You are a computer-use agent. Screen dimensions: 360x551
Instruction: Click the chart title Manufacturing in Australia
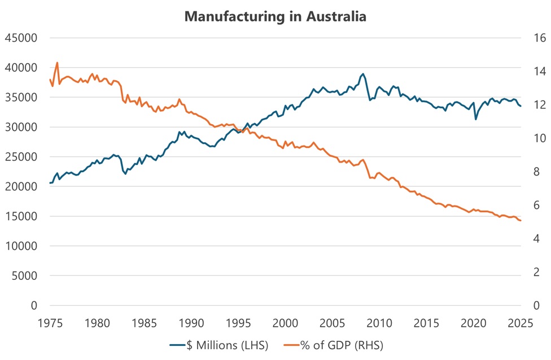(x=275, y=17)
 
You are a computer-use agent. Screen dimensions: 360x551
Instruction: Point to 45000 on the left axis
(x=20, y=38)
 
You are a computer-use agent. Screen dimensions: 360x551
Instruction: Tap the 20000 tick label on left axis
(x=20, y=187)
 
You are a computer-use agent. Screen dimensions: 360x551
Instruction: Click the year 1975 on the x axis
(x=50, y=324)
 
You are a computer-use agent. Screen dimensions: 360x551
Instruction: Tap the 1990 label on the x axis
(x=191, y=324)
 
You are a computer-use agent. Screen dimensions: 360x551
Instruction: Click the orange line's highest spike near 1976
(x=57, y=63)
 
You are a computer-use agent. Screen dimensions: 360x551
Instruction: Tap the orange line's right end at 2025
(x=521, y=221)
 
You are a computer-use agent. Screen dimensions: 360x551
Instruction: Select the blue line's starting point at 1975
(x=50, y=183)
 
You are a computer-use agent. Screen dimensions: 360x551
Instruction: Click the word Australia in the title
(x=336, y=17)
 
